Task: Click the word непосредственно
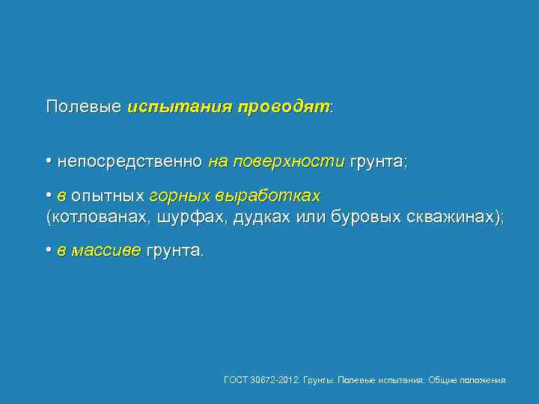click(x=130, y=161)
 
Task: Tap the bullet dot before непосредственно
click(x=49, y=161)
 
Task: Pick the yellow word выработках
click(x=268, y=196)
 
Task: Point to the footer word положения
click(x=483, y=380)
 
